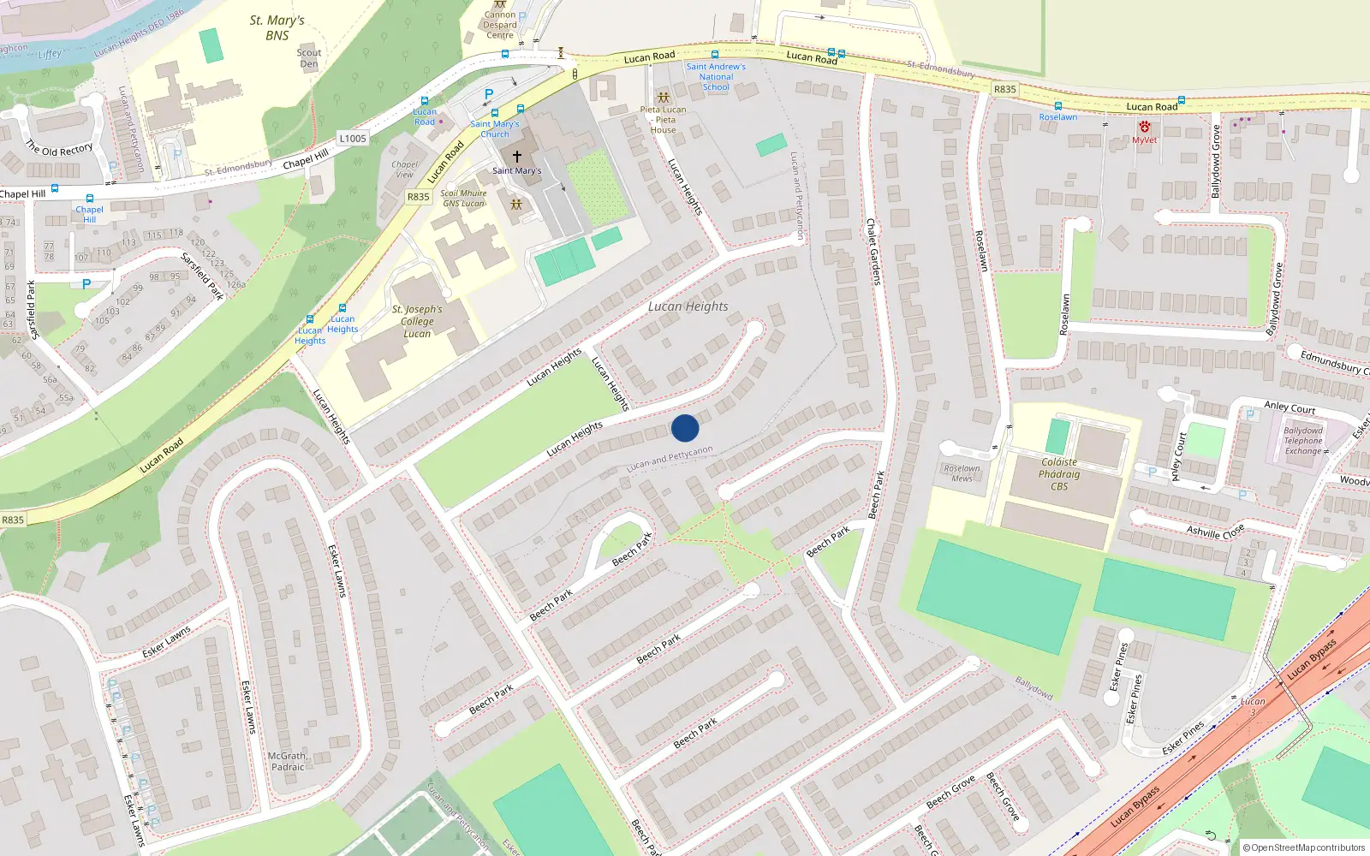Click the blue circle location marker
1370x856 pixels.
point(685,428)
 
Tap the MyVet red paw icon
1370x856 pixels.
point(1144,127)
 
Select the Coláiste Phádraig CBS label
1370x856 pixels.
point(1059,474)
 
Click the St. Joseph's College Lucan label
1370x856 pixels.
point(417,321)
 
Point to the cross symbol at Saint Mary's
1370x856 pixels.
point(516,157)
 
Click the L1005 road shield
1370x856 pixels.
point(353,138)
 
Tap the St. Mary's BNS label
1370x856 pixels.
point(277,27)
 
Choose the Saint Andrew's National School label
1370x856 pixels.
point(716,76)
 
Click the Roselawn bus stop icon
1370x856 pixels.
point(1058,106)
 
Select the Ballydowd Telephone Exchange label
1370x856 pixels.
point(1302,441)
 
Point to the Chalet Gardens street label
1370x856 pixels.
point(873,252)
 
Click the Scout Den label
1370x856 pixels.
point(309,58)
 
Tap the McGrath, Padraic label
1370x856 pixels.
point(288,761)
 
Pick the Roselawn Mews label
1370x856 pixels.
point(962,473)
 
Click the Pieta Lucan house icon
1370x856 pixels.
point(663,98)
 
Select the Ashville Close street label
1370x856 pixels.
point(1215,532)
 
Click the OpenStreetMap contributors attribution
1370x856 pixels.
point(1303,847)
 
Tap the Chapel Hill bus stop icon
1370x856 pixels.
point(89,199)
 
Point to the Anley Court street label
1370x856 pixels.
point(1290,408)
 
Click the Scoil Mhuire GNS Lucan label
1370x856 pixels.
point(463,199)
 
